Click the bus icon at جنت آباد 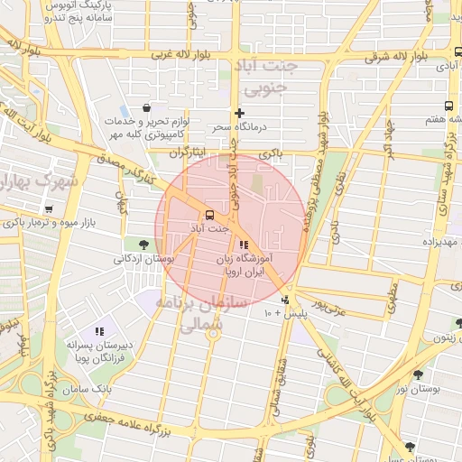coord(209,215)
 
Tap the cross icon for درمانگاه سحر coord(239,113)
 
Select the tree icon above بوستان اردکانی coord(143,244)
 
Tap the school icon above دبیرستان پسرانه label coord(99,331)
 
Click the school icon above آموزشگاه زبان coord(243,245)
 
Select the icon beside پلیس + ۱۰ coord(286,300)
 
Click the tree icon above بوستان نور coord(418,374)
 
